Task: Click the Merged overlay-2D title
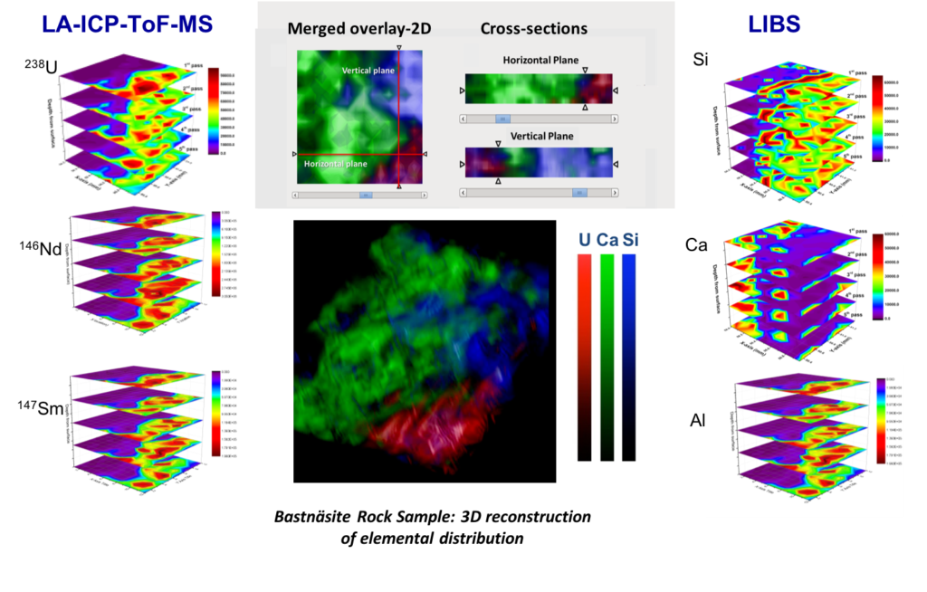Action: pos(359,28)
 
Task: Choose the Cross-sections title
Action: pos(533,28)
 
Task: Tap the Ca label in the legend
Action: pos(608,241)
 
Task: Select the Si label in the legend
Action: pos(631,241)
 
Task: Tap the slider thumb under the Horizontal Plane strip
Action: pos(501,119)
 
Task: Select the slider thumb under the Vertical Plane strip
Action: pos(579,192)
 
